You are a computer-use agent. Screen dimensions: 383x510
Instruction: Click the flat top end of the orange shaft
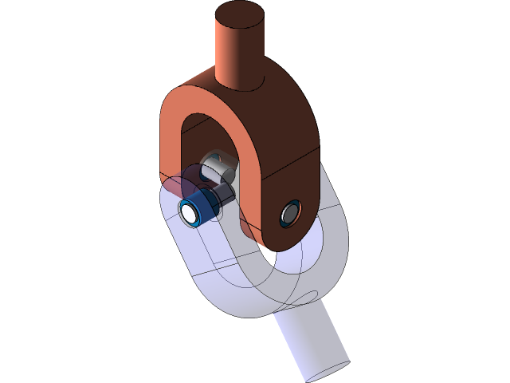coord(240,15)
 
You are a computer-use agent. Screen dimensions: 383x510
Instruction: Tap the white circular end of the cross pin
coord(190,213)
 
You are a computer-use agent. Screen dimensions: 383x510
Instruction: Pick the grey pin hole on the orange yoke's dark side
coord(289,212)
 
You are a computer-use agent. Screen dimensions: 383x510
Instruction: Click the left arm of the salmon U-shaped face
coord(171,148)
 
